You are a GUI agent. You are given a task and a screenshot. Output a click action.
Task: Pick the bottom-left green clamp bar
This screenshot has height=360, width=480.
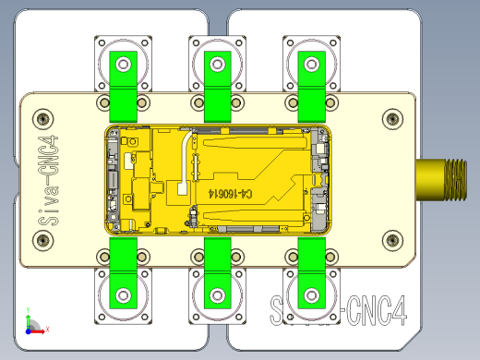[x=124, y=273]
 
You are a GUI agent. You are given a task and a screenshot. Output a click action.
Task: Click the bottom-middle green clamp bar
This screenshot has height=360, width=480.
[x=218, y=273]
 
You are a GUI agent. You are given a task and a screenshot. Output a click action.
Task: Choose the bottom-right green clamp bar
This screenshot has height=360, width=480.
[x=311, y=273]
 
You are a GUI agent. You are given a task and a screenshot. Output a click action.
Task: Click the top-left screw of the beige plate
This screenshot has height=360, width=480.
[x=42, y=118]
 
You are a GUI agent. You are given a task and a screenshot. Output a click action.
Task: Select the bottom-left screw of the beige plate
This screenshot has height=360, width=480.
[x=42, y=242]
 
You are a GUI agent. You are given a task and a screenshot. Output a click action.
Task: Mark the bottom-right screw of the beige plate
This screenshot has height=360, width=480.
[x=392, y=242]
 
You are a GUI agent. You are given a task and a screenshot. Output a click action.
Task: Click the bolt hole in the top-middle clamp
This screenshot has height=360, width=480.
[x=218, y=65]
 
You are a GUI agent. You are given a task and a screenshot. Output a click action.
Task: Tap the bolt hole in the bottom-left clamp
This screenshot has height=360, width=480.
[x=124, y=296]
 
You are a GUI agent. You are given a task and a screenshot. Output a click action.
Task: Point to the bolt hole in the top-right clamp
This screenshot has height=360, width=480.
[x=311, y=65]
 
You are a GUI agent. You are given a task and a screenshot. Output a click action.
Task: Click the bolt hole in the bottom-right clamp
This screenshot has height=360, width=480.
[x=311, y=296]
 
